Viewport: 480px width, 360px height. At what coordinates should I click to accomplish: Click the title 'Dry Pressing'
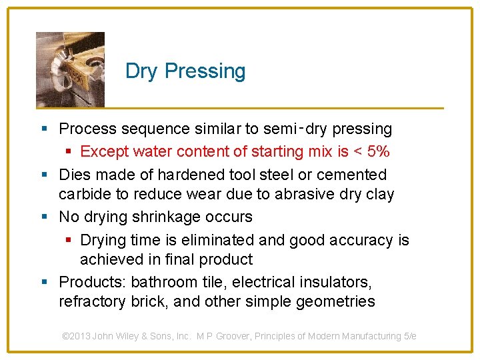click(x=185, y=71)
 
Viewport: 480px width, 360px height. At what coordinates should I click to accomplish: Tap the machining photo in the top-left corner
click(x=70, y=69)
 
